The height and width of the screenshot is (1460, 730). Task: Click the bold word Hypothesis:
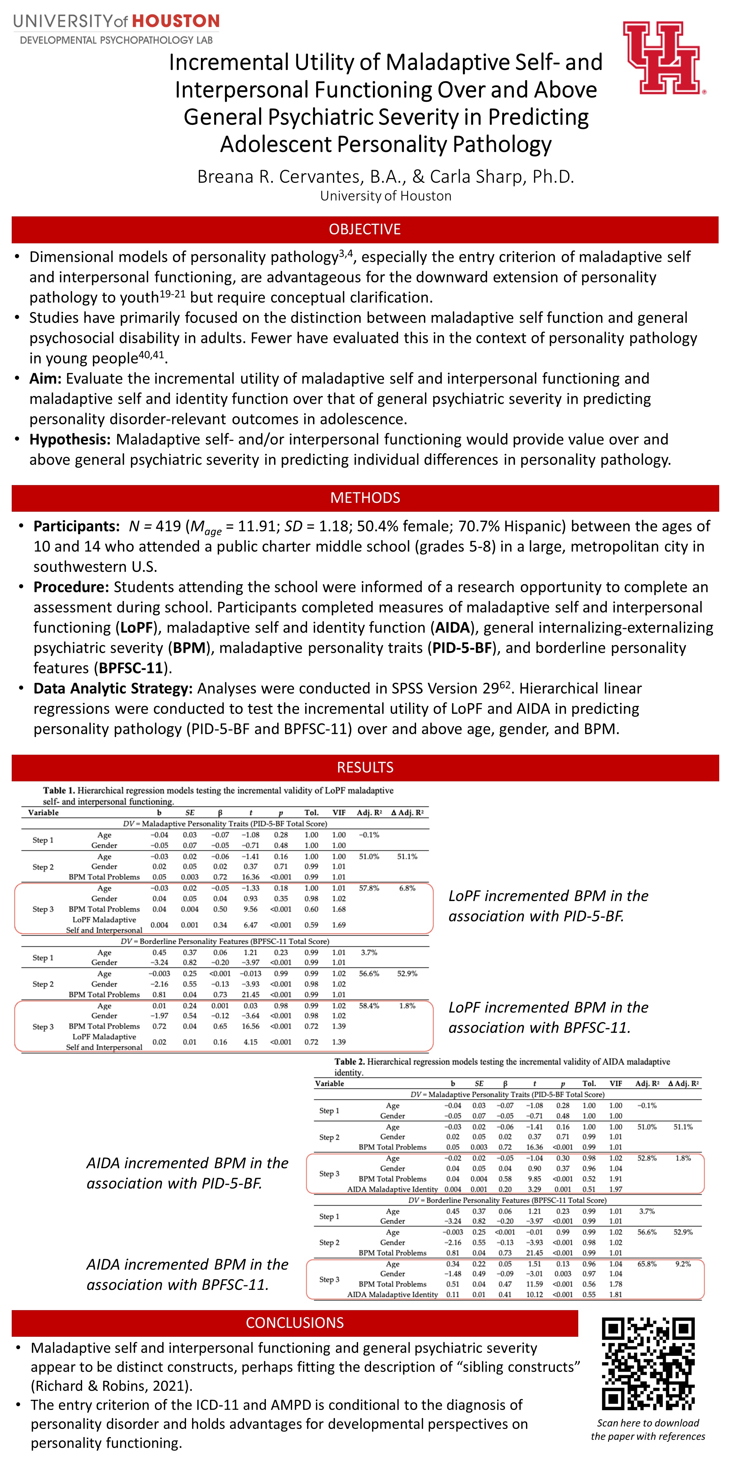(70, 439)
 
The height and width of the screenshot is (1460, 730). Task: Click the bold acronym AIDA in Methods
(453, 627)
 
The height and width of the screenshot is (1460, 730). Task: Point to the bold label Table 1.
(59, 790)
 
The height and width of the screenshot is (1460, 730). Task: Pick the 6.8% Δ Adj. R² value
(407, 888)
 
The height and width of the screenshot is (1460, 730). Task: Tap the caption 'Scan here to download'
(648, 1423)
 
